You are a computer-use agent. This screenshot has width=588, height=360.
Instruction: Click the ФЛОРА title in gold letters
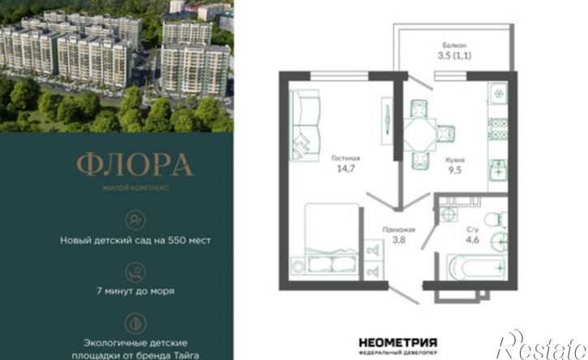pos(135,165)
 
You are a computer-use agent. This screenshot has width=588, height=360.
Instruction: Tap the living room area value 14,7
pos(346,169)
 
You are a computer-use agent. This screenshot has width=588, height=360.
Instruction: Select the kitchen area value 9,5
pos(455,170)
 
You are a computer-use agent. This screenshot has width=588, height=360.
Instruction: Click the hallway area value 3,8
pos(399,239)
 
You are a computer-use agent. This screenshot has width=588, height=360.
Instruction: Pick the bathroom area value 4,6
pos(472,240)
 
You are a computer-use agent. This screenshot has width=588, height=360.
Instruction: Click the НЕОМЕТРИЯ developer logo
pos(398,342)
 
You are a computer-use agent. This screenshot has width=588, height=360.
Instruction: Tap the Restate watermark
pos(541,345)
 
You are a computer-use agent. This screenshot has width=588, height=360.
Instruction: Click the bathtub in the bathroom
pos(476,267)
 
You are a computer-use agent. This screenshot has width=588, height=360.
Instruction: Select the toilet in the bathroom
pos(496,220)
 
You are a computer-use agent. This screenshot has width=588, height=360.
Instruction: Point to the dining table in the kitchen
pos(419,135)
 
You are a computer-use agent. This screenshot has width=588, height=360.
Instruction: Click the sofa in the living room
pos(305,125)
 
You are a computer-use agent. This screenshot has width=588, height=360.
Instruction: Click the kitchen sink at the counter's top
pos(498,92)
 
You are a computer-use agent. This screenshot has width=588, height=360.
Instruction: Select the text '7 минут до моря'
pos(135,290)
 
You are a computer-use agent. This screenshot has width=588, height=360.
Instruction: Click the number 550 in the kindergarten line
pos(177,240)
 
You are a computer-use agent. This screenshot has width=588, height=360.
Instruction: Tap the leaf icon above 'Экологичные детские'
pos(135,324)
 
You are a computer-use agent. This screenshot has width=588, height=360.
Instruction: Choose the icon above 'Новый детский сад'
pos(135,220)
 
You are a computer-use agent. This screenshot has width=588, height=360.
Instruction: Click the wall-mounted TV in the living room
pos(387,121)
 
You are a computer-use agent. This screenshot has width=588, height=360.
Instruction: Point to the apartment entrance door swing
pos(404,294)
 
